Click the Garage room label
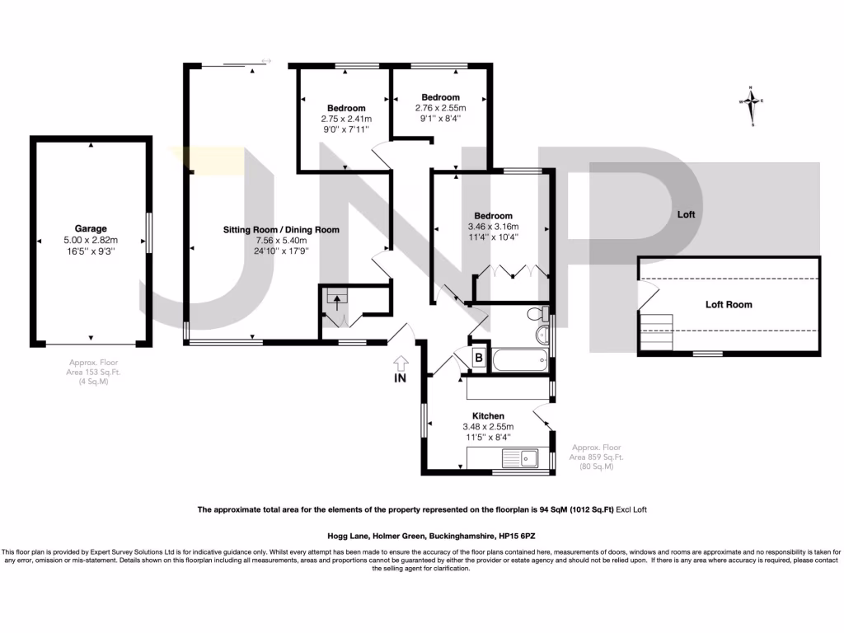(x=91, y=228)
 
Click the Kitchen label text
(x=488, y=415)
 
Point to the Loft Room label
(x=729, y=304)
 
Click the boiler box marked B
(x=478, y=357)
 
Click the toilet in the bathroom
(x=538, y=315)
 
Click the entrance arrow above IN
(x=401, y=362)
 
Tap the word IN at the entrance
(x=401, y=379)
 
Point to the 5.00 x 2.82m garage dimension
(x=91, y=240)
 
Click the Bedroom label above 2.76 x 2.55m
(x=440, y=97)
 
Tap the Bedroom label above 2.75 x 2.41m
(x=346, y=108)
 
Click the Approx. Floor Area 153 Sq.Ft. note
(x=91, y=372)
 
